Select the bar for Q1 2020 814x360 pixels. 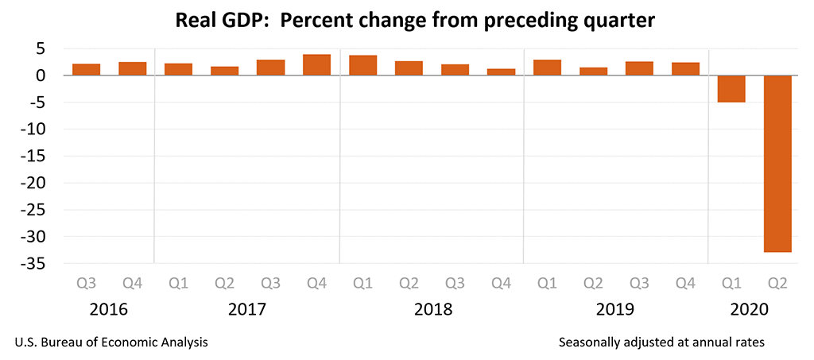(x=731, y=88)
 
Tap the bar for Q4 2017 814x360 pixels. (x=316, y=65)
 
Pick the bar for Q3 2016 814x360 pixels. (x=86, y=69)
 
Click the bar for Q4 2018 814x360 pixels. (x=501, y=72)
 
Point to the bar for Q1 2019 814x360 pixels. (x=547, y=68)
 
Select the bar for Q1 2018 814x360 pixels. (x=362, y=65)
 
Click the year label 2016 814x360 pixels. (x=109, y=309)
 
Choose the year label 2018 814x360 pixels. (x=432, y=309)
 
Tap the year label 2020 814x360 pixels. (x=754, y=309)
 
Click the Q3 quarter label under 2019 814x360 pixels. (x=639, y=283)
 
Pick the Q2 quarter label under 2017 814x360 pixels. (x=224, y=283)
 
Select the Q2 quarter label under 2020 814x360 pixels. (x=777, y=283)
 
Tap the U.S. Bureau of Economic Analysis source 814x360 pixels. (x=111, y=343)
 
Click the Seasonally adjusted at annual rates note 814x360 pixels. (x=661, y=343)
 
